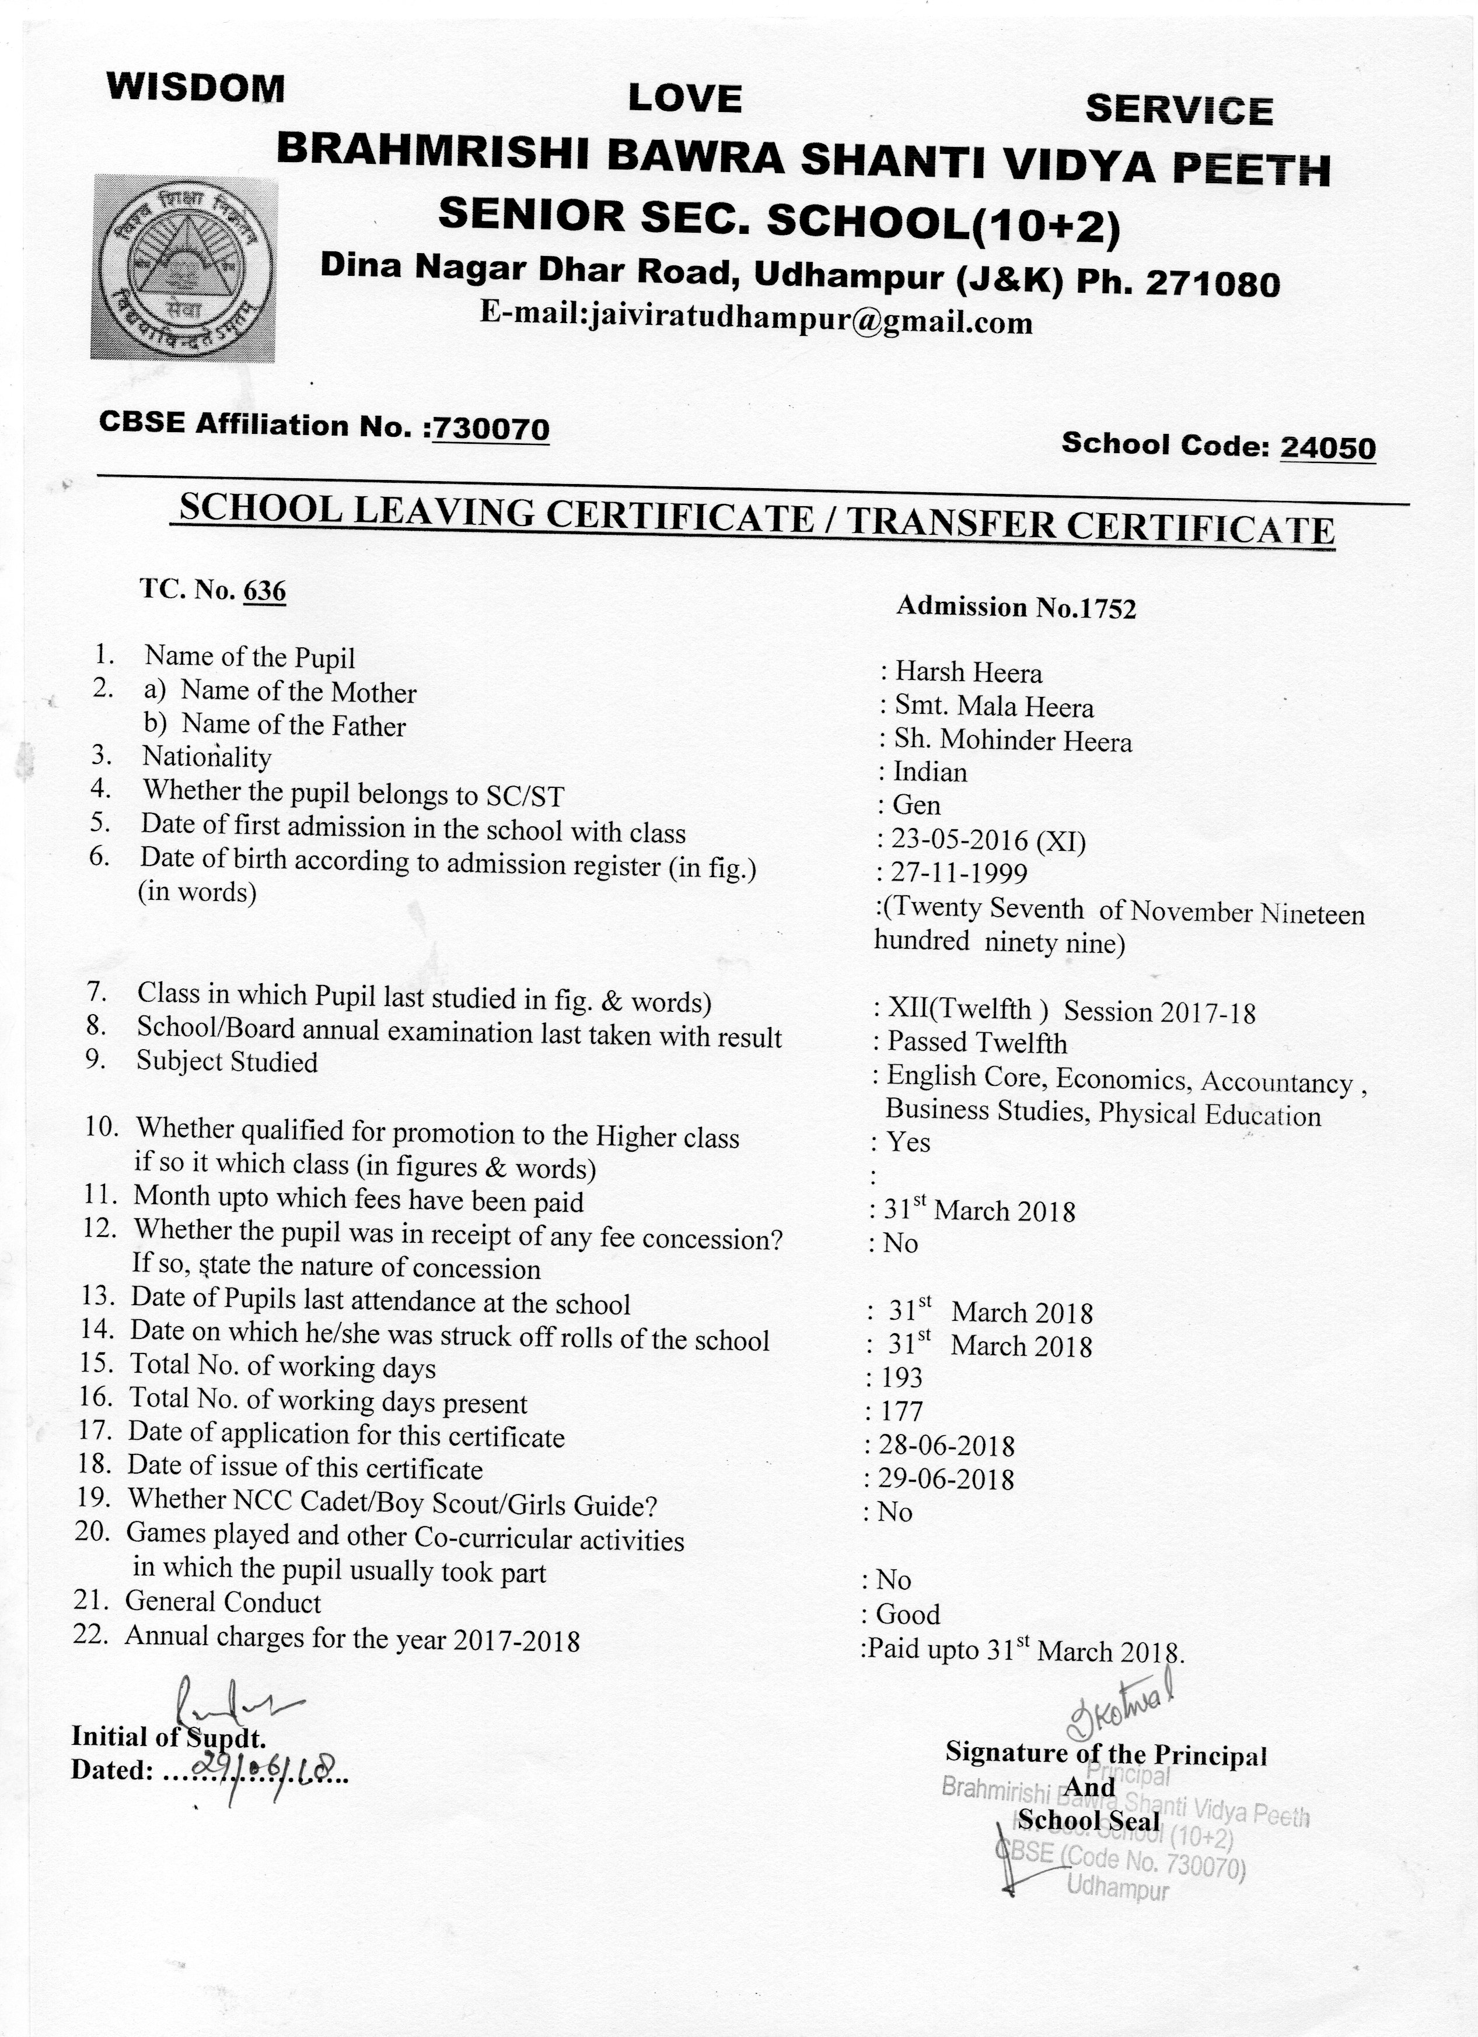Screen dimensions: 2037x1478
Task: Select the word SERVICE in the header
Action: point(1179,110)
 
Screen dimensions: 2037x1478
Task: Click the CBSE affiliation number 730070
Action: point(491,429)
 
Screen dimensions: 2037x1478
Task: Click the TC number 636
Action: point(264,590)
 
